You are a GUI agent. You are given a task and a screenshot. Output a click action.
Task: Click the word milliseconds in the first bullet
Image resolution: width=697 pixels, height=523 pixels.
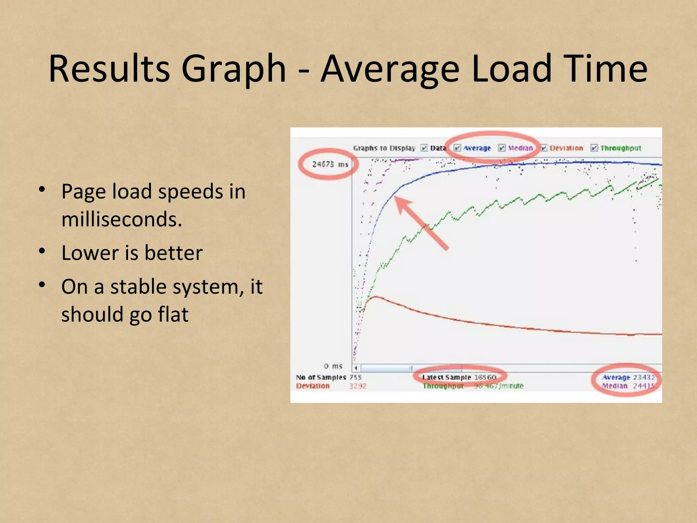coord(121,219)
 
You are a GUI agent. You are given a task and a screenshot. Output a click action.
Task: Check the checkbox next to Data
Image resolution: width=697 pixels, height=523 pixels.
coord(424,148)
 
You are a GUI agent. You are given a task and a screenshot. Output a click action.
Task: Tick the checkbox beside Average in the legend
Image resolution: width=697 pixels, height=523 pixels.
coord(457,148)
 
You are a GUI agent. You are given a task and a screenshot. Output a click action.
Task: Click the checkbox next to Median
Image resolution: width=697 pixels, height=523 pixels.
coord(502,148)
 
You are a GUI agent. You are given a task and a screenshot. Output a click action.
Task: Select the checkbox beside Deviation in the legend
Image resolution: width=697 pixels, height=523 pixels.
coord(544,148)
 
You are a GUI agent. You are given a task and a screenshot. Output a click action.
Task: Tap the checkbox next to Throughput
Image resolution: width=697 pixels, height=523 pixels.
coord(594,148)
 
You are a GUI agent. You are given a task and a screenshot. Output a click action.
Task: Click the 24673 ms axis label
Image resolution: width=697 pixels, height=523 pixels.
coord(330,164)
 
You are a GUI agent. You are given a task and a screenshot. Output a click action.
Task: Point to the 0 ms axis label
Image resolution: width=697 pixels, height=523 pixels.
coord(333,366)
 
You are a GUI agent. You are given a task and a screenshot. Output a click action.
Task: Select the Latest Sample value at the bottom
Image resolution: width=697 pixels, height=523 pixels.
coord(485,377)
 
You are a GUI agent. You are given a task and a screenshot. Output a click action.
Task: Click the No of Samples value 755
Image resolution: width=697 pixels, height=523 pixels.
coord(355,377)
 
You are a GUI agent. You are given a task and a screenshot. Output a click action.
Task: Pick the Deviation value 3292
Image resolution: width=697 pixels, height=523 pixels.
coord(358,386)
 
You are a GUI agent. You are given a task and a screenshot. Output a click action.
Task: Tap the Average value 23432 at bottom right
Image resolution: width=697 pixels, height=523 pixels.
coord(644,377)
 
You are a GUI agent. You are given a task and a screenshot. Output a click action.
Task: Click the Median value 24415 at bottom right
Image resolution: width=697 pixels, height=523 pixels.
coord(644,386)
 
